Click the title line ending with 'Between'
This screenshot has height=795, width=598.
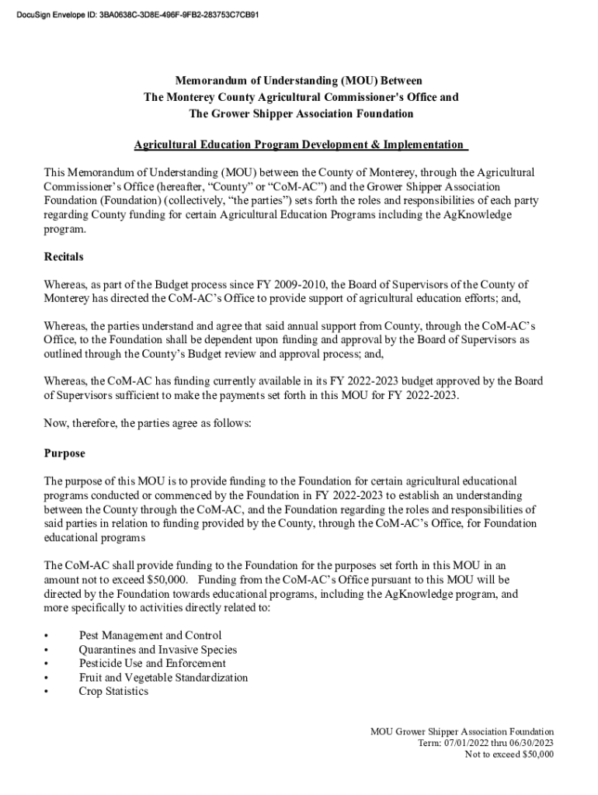(x=298, y=81)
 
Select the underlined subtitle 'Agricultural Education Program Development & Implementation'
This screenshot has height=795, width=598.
(x=300, y=145)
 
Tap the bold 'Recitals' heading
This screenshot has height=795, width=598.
(x=64, y=256)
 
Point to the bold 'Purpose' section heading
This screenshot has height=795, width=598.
(x=64, y=453)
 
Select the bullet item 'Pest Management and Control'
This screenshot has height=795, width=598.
(x=150, y=636)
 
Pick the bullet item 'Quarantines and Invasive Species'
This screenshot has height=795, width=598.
(x=158, y=650)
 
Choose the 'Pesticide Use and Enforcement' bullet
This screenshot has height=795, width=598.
(x=152, y=664)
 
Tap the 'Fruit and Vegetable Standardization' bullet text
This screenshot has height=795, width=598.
(x=163, y=678)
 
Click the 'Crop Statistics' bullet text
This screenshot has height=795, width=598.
(x=113, y=692)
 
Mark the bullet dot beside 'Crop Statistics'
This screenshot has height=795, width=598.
(x=47, y=692)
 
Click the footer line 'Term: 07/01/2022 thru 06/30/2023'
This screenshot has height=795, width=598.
(x=485, y=743)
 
